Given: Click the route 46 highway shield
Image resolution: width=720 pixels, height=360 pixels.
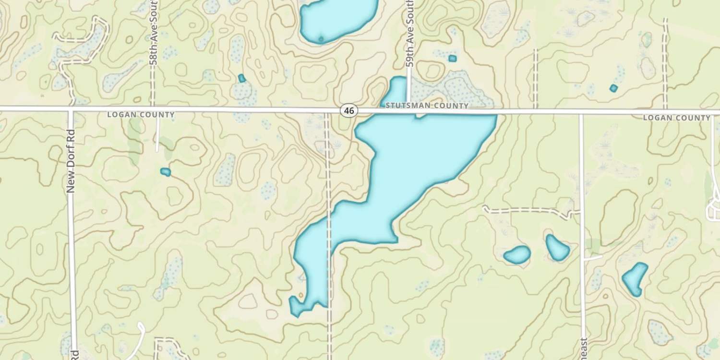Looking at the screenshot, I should click(349, 111).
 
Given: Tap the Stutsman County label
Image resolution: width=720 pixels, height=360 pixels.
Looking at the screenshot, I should click(427, 106).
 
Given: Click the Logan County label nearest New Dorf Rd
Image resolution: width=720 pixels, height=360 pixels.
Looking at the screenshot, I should click(141, 115).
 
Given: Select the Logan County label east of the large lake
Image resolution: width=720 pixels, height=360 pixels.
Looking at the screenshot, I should click(676, 118).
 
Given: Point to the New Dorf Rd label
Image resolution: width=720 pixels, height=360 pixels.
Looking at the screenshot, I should click(72, 161).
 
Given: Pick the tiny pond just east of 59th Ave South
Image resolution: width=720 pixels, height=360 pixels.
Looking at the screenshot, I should click(452, 59).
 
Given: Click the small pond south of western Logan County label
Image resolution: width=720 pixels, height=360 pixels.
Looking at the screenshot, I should click(166, 172).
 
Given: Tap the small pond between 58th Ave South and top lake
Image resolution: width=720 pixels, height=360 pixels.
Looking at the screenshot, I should click(242, 78).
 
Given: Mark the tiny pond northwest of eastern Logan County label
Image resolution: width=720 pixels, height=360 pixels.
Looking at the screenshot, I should click(613, 88).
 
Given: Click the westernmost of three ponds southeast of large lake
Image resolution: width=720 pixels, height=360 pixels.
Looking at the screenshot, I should click(517, 255).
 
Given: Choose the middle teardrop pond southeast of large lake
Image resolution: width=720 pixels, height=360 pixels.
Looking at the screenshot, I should click(557, 248).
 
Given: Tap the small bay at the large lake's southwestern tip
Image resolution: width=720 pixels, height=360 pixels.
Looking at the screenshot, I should click(295, 306).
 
